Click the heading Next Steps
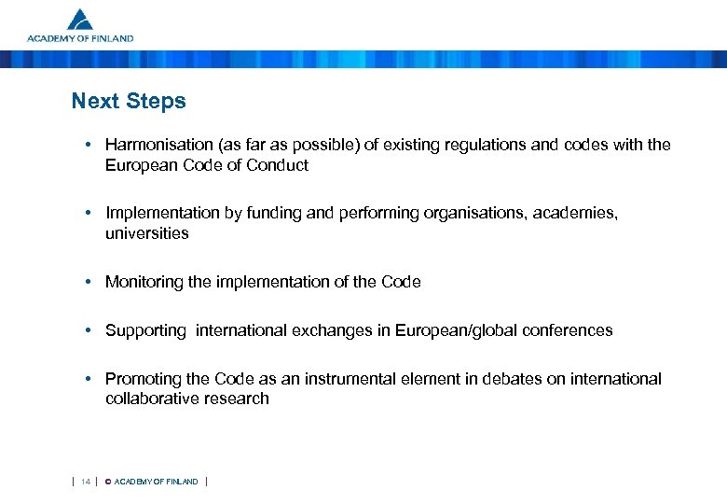pyautogui.click(x=129, y=101)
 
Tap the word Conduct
pyautogui.click(x=279, y=166)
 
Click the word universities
pyautogui.click(x=146, y=233)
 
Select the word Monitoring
pyautogui.click(x=142, y=282)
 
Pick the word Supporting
pyautogui.click(x=145, y=330)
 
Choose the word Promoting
pyautogui.click(x=142, y=379)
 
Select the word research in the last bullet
pyautogui.click(x=240, y=399)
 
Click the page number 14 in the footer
pyautogui.click(x=85, y=482)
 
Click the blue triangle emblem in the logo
pyautogui.click(x=80, y=20)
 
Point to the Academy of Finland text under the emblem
pyautogui.click(x=80, y=39)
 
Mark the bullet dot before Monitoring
pyautogui.click(x=86, y=282)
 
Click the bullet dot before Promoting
pyautogui.click(x=86, y=379)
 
